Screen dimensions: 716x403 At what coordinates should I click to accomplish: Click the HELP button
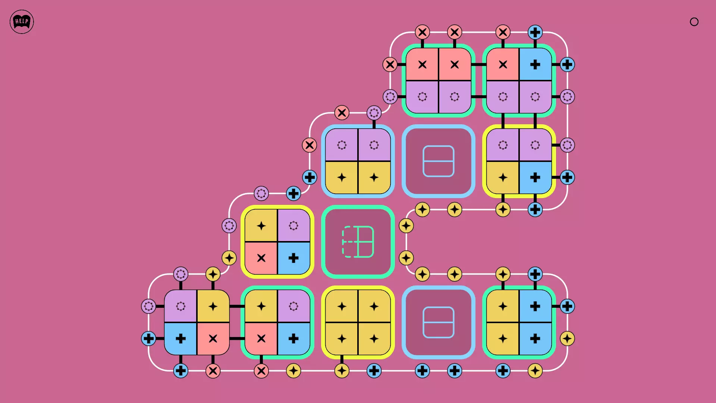pos(22,22)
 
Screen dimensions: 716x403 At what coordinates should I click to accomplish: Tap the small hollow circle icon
pos(694,22)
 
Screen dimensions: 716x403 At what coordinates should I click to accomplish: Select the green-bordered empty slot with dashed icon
pos(358,242)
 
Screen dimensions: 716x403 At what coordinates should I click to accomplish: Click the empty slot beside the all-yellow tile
pos(439,322)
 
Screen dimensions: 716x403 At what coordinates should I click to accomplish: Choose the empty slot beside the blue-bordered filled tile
pos(439,161)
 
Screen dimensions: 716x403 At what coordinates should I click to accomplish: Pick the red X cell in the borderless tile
pos(213,338)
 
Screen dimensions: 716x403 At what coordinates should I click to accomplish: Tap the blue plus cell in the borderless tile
pos(181,338)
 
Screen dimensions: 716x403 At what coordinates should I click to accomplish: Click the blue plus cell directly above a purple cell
pos(535,65)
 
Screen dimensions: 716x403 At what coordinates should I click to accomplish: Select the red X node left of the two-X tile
pos(390,65)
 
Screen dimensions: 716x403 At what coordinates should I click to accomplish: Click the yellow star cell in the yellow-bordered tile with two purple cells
pos(503,177)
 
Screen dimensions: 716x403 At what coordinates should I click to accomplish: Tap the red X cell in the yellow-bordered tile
pos(261,258)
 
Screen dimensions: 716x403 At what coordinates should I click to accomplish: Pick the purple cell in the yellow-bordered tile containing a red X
pos(293,226)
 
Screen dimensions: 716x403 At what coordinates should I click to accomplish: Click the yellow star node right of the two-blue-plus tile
pos(567,338)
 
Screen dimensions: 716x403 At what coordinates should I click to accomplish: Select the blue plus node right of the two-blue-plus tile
pos(567,306)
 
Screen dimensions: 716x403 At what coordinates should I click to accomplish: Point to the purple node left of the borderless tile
pos(148,306)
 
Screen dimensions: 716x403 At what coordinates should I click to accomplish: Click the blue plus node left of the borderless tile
pos(148,338)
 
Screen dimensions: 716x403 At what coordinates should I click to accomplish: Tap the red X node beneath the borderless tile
pos(213,371)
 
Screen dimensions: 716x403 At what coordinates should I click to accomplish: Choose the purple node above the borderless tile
pos(181,274)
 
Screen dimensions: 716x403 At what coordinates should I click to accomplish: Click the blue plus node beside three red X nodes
pos(535,32)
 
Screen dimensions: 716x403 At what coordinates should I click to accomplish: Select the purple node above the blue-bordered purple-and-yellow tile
pos(374,113)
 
